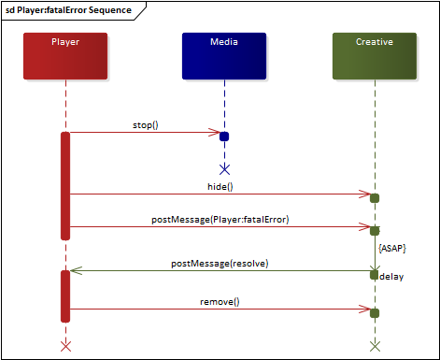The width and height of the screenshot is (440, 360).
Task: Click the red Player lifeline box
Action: click(65, 55)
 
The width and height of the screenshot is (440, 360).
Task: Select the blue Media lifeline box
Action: click(224, 55)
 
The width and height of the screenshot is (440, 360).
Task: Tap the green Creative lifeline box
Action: click(375, 55)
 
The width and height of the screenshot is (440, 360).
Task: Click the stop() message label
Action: click(146, 123)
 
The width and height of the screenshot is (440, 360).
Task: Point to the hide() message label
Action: click(220, 186)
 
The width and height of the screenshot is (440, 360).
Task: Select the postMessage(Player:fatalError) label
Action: click(220, 219)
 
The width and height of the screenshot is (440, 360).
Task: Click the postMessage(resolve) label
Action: click(220, 264)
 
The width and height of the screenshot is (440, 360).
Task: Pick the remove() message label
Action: click(220, 302)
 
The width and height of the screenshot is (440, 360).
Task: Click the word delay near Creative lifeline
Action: click(392, 277)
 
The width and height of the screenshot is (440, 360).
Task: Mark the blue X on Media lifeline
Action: click(224, 169)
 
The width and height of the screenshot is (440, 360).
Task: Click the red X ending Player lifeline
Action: click(65, 346)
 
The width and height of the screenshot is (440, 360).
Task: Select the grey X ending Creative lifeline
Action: click(375, 346)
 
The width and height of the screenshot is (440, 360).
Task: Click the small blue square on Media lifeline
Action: click(224, 137)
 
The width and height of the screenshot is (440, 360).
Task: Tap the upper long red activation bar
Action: click(65, 185)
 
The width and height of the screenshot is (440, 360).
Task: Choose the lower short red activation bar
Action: click(65, 295)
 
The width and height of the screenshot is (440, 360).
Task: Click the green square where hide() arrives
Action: click(375, 198)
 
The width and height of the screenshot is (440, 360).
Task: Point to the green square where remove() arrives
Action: click(375, 312)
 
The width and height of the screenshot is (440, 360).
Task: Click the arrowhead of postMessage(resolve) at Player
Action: click(76, 271)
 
